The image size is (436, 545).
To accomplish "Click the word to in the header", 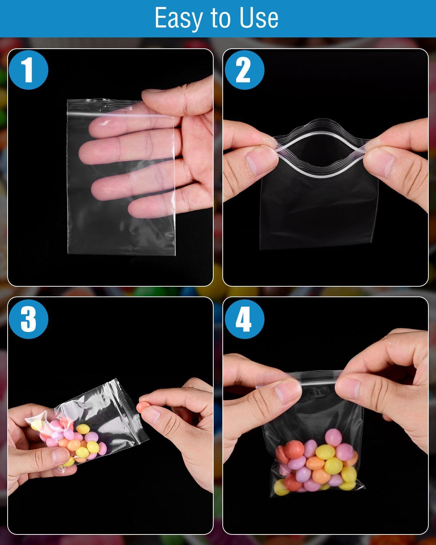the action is [221, 18].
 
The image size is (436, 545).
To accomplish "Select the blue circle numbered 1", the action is [28, 70].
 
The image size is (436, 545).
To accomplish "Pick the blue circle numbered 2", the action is [245, 70].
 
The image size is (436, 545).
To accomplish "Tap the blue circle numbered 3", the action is [28, 319].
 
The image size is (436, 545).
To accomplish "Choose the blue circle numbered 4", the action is [245, 319].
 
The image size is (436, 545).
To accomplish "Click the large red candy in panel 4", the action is [294, 449].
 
